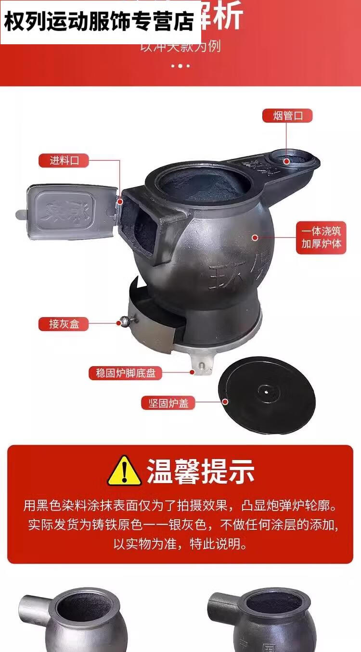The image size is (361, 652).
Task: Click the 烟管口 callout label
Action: click(287, 116)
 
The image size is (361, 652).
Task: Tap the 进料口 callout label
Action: click(64, 161)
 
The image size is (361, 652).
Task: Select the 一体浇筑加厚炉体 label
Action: click(321, 237)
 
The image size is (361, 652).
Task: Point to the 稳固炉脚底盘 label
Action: click(125, 373)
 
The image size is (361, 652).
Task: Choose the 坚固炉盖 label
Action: click(168, 403)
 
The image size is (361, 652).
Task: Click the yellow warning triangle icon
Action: click(124, 471)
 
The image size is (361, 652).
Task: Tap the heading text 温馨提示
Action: click(200, 471)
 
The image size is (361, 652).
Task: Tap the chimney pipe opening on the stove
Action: click(287, 162)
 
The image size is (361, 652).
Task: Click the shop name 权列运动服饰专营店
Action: click(99, 22)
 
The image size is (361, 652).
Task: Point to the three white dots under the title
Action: click(180, 65)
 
